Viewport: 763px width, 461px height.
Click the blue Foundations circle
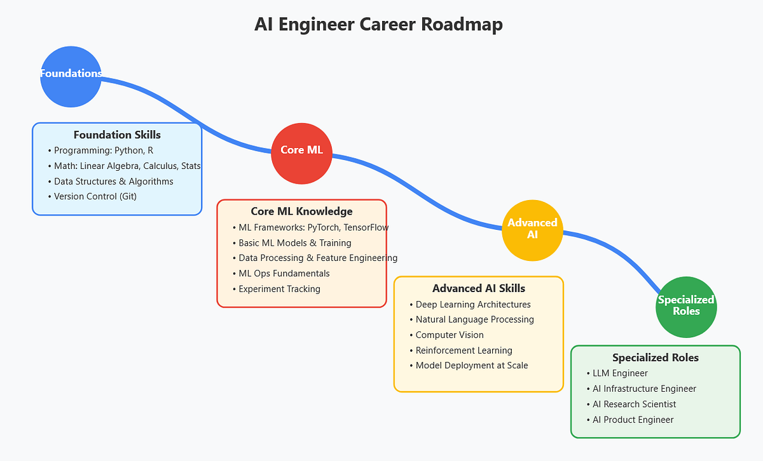pos(71,76)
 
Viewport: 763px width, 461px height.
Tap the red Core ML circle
pos(301,151)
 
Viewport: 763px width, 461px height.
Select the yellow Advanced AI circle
pos(532,230)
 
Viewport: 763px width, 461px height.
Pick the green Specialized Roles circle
pos(686,306)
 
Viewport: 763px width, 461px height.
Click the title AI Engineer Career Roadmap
pos(378,24)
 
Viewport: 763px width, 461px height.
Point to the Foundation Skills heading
pos(117,135)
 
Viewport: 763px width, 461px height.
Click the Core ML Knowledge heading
pos(301,211)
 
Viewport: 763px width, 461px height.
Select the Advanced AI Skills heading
pos(478,288)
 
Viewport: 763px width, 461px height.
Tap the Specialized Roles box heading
pos(655,357)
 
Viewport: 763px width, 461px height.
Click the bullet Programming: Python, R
pos(103,150)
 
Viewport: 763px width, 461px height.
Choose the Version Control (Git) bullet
pos(95,196)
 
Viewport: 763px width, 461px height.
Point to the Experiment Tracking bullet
pos(279,289)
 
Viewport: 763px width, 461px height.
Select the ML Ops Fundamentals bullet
pos(284,274)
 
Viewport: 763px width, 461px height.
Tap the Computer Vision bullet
pos(449,335)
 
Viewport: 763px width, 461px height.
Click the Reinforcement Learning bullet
pos(464,351)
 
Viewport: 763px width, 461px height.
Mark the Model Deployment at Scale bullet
pos(471,366)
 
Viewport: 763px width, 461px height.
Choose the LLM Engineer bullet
pos(620,373)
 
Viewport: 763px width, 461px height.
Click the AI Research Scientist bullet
pos(634,404)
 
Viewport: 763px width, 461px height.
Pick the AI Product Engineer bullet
pos(633,420)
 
